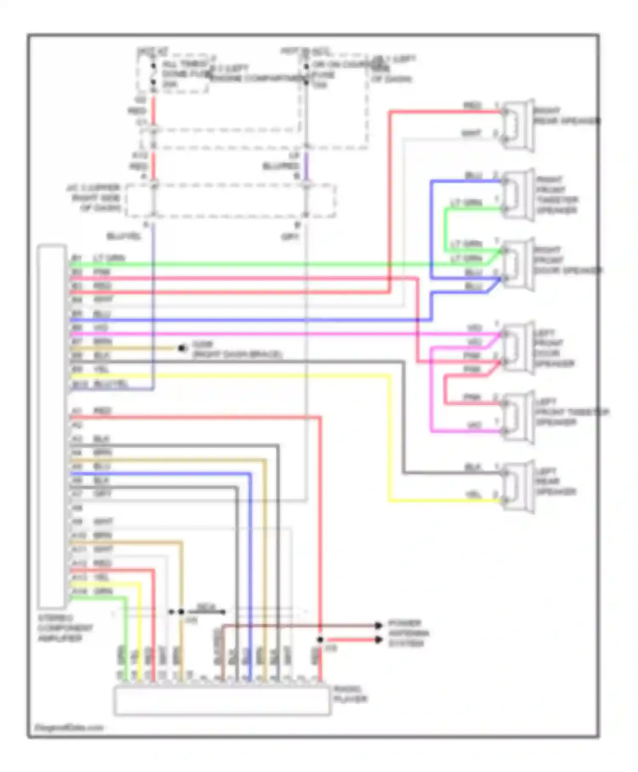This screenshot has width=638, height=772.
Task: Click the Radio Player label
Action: (x=350, y=694)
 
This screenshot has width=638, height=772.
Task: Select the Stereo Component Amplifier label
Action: (x=65, y=628)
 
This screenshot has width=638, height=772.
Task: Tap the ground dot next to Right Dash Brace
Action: (x=182, y=349)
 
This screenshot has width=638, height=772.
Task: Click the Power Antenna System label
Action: (x=408, y=633)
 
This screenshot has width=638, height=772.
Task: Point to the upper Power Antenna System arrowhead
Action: (x=378, y=625)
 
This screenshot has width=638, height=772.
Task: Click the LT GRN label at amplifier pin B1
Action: (x=109, y=258)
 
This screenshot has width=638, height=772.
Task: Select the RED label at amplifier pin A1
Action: (x=102, y=411)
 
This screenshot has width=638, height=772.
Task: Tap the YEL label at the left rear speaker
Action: (x=473, y=495)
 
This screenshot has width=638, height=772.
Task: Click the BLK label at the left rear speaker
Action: (x=472, y=467)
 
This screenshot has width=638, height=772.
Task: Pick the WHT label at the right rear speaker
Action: (x=471, y=134)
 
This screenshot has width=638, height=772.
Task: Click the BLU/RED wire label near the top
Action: (x=281, y=166)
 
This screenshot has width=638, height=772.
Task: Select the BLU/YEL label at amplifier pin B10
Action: (x=111, y=383)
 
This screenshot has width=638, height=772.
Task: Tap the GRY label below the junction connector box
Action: (x=290, y=236)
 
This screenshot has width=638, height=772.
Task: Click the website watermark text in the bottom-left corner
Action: (x=68, y=727)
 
